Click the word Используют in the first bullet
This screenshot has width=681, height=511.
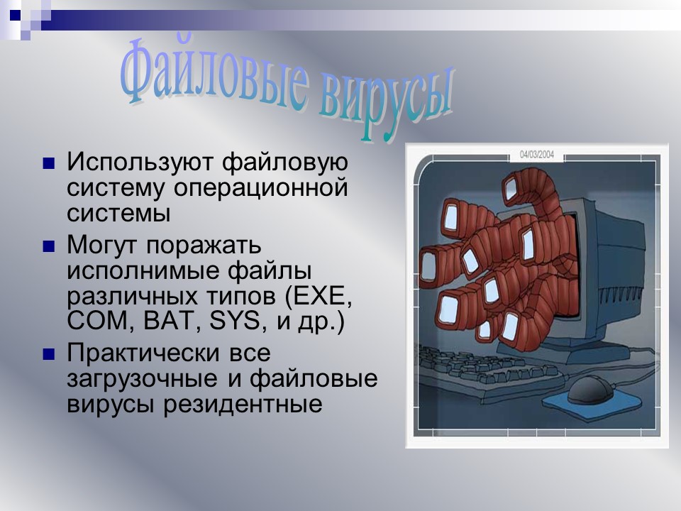139,162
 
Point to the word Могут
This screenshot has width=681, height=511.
102,245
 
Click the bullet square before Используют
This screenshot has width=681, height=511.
49,163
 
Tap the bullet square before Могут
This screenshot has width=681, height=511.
49,246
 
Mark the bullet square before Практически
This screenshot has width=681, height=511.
49,353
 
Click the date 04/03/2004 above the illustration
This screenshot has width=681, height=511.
536,153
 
